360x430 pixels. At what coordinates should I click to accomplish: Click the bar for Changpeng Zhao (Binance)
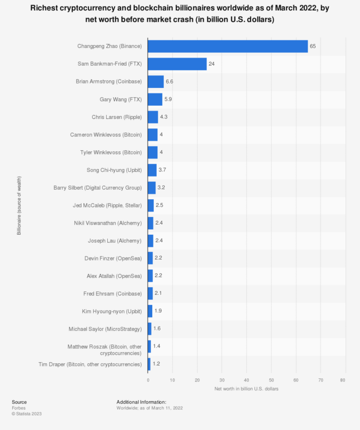[x=228, y=46]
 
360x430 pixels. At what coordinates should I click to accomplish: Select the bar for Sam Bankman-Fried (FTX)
[x=177, y=64]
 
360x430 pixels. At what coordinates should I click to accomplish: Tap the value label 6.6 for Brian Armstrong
[x=169, y=81]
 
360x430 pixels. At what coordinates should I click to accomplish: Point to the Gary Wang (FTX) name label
[x=121, y=99]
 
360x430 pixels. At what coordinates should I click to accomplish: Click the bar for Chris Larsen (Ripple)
[x=153, y=117]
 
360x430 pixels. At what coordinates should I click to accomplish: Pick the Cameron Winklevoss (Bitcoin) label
[x=106, y=135]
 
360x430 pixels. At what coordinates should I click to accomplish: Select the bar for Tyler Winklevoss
[x=153, y=152]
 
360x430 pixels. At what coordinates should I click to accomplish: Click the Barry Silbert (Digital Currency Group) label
[x=98, y=188]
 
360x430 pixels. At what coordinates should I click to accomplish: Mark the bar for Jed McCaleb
[x=151, y=205]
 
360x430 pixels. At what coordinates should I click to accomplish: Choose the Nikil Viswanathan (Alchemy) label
[x=107, y=223]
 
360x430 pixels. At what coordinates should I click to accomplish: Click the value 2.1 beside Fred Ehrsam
[x=158, y=293]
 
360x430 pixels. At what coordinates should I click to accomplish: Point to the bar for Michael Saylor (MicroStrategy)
[x=150, y=329]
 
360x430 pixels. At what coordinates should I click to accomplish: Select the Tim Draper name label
[x=90, y=364]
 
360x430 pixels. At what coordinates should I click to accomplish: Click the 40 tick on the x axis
[x=246, y=379]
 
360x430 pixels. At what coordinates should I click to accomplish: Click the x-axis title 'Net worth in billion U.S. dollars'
[x=246, y=389]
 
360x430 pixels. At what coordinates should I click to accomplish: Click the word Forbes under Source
[x=19, y=408]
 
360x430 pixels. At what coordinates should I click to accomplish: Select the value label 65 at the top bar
[x=313, y=46]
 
